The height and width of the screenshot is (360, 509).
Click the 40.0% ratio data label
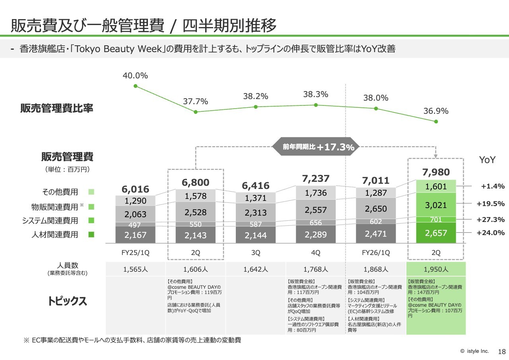135,76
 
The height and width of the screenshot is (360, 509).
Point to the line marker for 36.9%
436,121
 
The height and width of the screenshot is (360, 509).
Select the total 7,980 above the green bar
436,172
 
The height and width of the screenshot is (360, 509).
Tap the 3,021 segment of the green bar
436,205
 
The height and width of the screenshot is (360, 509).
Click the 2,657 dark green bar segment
436,233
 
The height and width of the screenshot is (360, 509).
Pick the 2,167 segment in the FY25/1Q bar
135,235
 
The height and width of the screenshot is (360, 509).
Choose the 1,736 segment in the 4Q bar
316,193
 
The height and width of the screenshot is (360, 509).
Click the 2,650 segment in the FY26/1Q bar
376,209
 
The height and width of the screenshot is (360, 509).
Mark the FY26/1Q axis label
376,253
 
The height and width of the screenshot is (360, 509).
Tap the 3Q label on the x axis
256,253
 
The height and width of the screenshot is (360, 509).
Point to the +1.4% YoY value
492,186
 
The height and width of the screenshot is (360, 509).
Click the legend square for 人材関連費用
91,235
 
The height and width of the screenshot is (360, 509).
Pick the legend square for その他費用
91,192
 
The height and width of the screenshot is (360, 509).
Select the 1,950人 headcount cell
436,269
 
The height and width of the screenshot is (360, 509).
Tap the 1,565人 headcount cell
135,269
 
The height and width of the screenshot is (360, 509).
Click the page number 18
502,352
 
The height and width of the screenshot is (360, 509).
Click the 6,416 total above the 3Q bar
256,186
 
